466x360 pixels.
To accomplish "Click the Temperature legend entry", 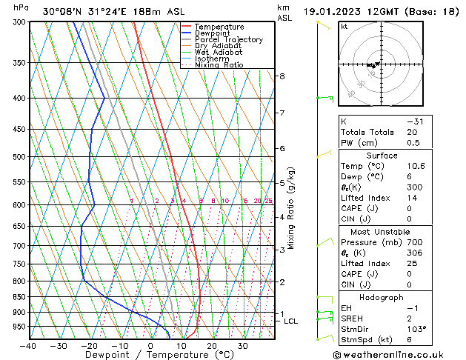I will pyautogui.click(x=219, y=27).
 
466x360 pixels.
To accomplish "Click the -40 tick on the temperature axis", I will pyautogui.click(x=28, y=346).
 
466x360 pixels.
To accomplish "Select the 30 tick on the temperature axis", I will pyautogui.click(x=243, y=346).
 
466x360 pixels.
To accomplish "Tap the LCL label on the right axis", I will pyautogui.click(x=291, y=321).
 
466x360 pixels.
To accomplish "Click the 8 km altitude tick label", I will pyautogui.click(x=282, y=76).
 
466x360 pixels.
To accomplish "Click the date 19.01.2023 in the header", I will pyautogui.click(x=339, y=11).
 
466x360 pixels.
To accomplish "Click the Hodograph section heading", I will pyautogui.click(x=382, y=297).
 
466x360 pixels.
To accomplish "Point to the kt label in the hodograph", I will pyautogui.click(x=344, y=27).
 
